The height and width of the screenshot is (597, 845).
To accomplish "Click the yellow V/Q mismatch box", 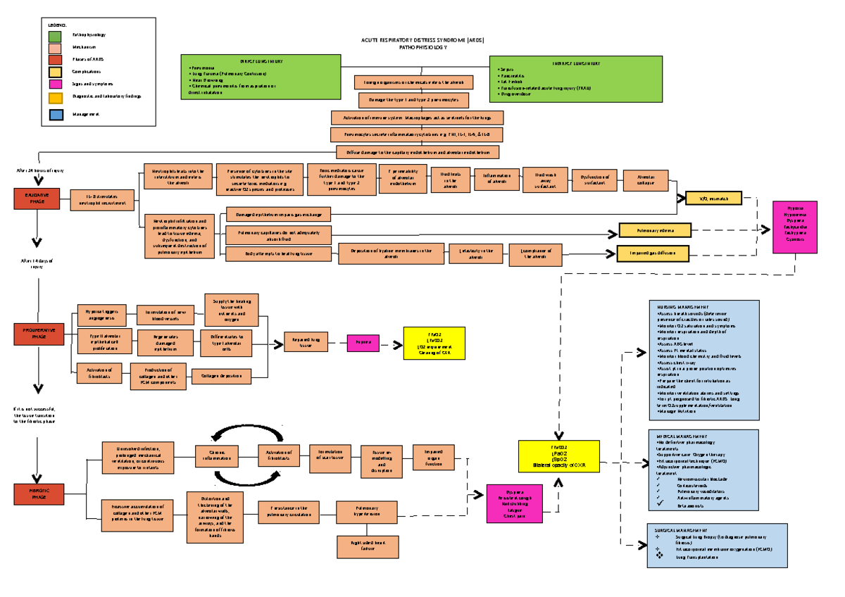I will pos(713,200).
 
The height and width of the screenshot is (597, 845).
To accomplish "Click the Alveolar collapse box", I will pos(645,180).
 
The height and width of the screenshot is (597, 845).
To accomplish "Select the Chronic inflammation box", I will pos(218,454).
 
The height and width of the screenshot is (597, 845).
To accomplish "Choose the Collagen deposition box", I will pos(222,376).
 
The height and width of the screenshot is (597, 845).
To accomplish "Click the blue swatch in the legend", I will pos(56,115).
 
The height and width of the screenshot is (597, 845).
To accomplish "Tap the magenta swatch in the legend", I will pos(56,84).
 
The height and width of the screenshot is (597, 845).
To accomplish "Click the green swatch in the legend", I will pos(56,35).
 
